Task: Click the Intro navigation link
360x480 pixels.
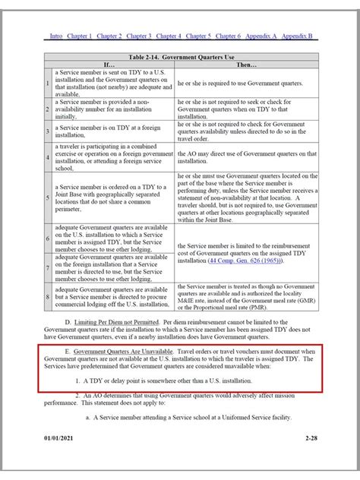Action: click(56, 36)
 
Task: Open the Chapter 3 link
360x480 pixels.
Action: click(139, 36)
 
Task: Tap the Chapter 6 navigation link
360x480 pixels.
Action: click(228, 36)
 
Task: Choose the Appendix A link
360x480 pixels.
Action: click(262, 36)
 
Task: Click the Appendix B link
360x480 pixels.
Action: click(298, 36)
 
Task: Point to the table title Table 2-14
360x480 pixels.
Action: click(181, 57)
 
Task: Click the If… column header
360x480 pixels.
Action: click(109, 65)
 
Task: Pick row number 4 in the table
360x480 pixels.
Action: click(48, 157)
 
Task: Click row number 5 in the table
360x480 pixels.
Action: click(48, 196)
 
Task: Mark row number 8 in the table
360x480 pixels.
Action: click(48, 297)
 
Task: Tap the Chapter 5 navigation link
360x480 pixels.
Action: click(198, 36)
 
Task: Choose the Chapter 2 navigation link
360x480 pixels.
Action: click(109, 36)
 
